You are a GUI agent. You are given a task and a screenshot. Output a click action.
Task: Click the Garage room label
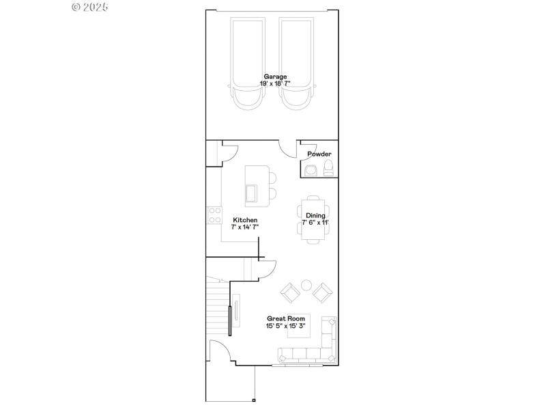click(x=276, y=77)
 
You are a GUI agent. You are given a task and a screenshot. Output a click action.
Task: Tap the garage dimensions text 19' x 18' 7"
click(x=276, y=83)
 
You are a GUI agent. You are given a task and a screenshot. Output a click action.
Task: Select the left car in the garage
click(x=247, y=61)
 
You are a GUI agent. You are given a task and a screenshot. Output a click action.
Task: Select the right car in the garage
click(x=296, y=61)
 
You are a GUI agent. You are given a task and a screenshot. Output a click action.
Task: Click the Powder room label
click(x=319, y=154)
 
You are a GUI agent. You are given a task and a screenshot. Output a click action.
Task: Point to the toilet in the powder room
click(x=328, y=169)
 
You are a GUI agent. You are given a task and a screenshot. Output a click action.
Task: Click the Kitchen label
click(x=245, y=220)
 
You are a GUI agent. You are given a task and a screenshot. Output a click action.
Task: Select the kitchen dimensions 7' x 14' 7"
click(x=245, y=227)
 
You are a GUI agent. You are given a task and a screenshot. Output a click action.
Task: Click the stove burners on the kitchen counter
click(x=214, y=215)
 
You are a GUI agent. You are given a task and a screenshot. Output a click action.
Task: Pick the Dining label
click(x=315, y=215)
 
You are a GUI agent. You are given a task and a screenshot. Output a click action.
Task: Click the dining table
click(x=315, y=222)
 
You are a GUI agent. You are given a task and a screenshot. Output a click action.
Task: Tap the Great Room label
click(x=285, y=318)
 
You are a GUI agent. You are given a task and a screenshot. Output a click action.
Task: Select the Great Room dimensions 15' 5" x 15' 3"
click(x=285, y=326)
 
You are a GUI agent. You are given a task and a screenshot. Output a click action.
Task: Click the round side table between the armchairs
click(x=306, y=285)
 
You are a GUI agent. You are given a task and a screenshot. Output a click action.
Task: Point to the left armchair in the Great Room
click(x=290, y=294)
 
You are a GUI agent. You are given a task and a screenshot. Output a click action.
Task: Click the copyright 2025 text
click(x=89, y=7)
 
